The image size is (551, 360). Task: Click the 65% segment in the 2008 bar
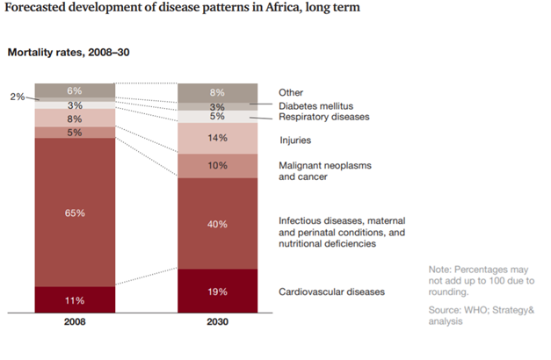click(x=76, y=212)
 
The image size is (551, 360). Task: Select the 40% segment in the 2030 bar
click(x=217, y=224)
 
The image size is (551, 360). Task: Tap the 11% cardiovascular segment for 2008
click(x=76, y=299)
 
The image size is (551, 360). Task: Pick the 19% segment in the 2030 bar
click(x=217, y=291)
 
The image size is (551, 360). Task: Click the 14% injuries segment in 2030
click(x=217, y=138)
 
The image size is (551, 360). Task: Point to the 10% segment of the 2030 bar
click(x=217, y=165)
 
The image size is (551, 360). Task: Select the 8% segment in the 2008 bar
click(x=76, y=118)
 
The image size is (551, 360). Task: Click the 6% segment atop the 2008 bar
click(x=76, y=90)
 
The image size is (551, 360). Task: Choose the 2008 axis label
click(x=76, y=322)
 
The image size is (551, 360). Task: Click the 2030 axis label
click(x=217, y=322)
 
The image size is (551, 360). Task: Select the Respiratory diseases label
click(x=323, y=116)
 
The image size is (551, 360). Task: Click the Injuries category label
click(x=295, y=139)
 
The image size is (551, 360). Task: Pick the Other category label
click(x=291, y=92)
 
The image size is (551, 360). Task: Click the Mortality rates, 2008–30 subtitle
click(x=69, y=52)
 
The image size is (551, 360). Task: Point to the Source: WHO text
click(x=453, y=310)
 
